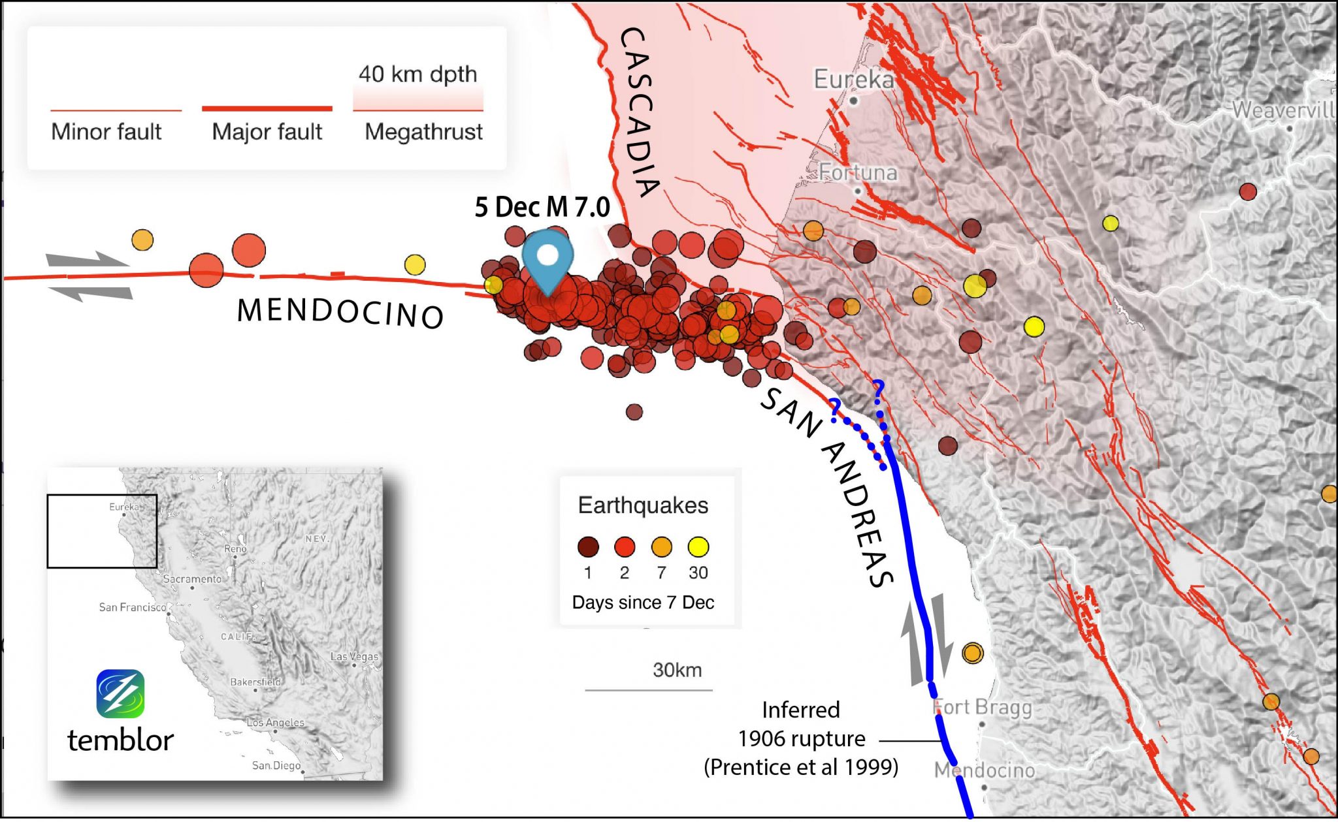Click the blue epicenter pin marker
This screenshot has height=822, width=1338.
547,259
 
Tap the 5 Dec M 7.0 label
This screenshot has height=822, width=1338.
542,207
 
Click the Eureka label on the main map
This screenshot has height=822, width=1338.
853,80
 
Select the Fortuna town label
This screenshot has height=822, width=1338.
858,172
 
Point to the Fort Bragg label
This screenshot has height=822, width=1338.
982,707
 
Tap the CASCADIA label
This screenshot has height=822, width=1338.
638,111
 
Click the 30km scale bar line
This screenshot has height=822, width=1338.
648,689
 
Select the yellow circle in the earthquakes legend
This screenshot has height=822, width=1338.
698,547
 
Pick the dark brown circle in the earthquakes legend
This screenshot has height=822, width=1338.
588,547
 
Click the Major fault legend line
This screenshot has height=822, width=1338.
267,109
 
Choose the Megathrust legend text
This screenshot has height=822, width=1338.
423,132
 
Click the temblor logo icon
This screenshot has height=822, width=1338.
120,693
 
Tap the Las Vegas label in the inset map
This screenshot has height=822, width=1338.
354,656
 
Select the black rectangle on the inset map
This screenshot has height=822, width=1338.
102,531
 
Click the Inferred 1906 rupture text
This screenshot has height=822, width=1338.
801,738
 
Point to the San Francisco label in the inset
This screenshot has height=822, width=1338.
133,607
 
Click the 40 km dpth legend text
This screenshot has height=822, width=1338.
417,74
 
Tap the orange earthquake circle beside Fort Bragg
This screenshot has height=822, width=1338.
973,652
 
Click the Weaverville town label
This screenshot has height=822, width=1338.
1282,110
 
